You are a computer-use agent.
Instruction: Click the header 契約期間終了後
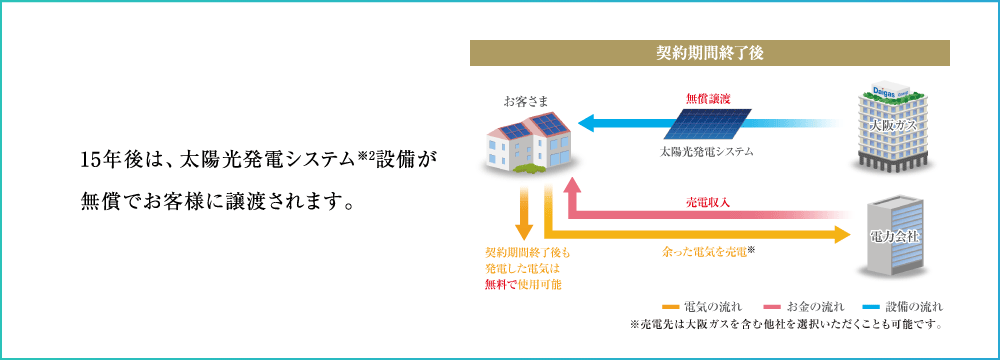point(709,54)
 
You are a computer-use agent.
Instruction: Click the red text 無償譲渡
point(707,98)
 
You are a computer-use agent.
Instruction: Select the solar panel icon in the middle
point(707,124)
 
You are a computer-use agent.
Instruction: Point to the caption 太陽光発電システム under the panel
point(707,152)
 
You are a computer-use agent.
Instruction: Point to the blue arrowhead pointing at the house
point(586,124)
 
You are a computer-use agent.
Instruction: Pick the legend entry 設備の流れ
point(905,306)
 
